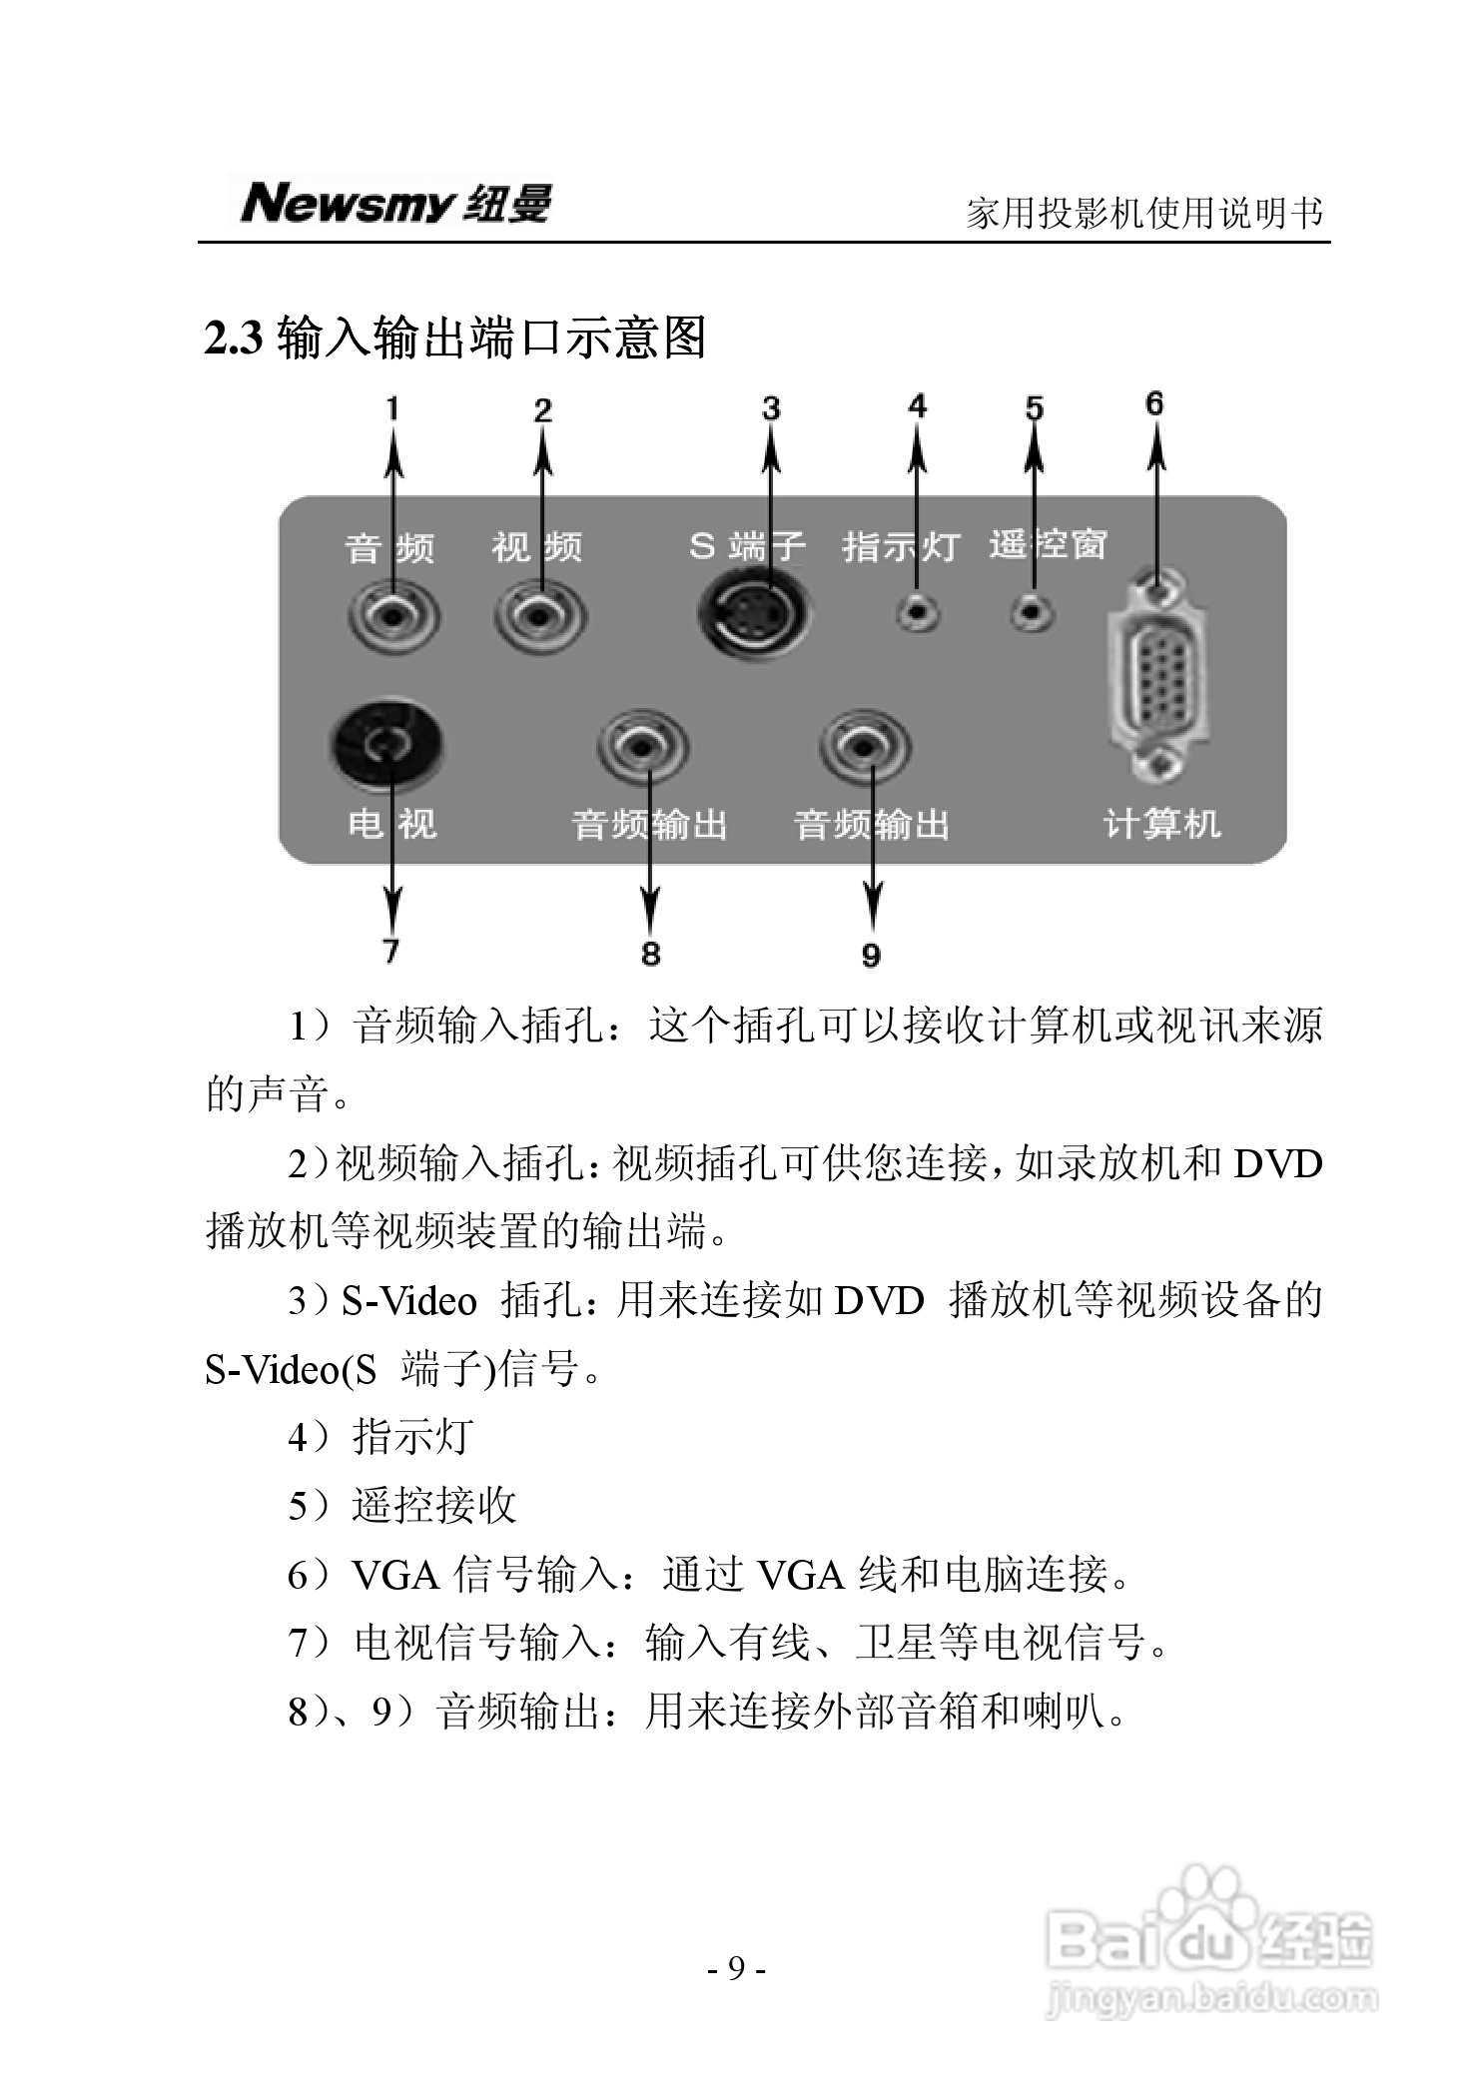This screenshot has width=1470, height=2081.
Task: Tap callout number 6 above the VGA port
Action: [1154, 403]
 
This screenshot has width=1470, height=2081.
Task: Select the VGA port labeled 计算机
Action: [1158, 679]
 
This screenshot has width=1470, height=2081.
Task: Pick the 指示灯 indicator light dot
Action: [917, 611]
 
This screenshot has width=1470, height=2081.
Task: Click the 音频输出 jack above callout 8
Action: [644, 746]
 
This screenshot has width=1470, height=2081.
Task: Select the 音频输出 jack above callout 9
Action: [866, 746]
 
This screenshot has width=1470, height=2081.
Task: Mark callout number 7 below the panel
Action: [390, 950]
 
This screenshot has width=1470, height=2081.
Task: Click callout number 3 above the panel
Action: [771, 408]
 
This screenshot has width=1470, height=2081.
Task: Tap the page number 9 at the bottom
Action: [736, 1968]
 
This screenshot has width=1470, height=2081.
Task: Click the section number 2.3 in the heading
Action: [233, 339]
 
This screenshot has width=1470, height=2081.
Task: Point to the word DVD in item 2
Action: [1277, 1164]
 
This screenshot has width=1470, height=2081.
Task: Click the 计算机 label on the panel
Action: [1161, 825]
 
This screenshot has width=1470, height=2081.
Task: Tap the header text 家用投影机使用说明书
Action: [1145, 213]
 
